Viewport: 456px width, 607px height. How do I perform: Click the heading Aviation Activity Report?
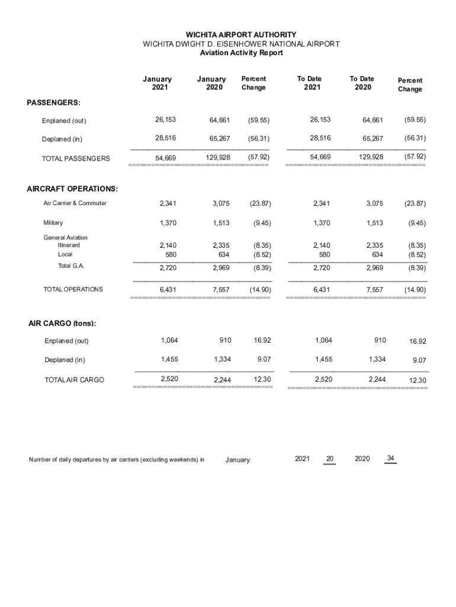pyautogui.click(x=241, y=53)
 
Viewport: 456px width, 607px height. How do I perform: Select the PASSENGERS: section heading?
pyautogui.click(x=54, y=103)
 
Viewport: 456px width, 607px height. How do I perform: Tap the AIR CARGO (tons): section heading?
pyautogui.click(x=62, y=324)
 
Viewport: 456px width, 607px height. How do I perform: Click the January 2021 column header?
pyautogui.click(x=157, y=83)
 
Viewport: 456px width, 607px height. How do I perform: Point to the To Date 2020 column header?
pyautogui.click(x=362, y=83)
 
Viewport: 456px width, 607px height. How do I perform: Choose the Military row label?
pyautogui.click(x=53, y=223)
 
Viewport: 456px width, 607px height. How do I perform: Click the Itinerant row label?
pyautogui.click(x=69, y=245)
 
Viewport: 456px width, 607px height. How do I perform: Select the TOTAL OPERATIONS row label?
pyautogui.click(x=73, y=289)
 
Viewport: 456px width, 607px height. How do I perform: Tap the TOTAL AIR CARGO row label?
pyautogui.click(x=74, y=380)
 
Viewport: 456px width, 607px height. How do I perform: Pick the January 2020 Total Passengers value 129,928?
pyautogui.click(x=216, y=158)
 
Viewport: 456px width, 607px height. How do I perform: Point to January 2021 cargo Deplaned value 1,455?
pyautogui.click(x=169, y=359)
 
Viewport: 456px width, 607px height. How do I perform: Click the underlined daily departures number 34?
pyautogui.click(x=390, y=458)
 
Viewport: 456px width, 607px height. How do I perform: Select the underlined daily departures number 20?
pyautogui.click(x=330, y=459)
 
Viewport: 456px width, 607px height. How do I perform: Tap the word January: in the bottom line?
pyautogui.click(x=239, y=460)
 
